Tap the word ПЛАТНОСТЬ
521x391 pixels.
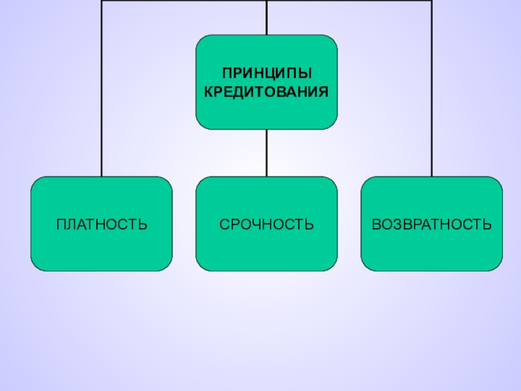coord(102,225)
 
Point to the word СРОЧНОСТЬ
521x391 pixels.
coord(266,225)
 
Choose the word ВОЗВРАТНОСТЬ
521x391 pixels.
coord(432,225)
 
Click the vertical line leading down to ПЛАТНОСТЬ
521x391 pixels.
coord(102,98)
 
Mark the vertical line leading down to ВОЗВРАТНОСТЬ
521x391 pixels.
coord(432,98)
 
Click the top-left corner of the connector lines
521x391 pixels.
coord(102,1)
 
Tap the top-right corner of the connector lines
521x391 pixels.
coord(432,1)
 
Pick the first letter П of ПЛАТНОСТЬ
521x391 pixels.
coord(61,225)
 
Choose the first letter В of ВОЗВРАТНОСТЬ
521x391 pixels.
coord(376,225)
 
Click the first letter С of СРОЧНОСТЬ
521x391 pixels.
coord(223,225)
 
